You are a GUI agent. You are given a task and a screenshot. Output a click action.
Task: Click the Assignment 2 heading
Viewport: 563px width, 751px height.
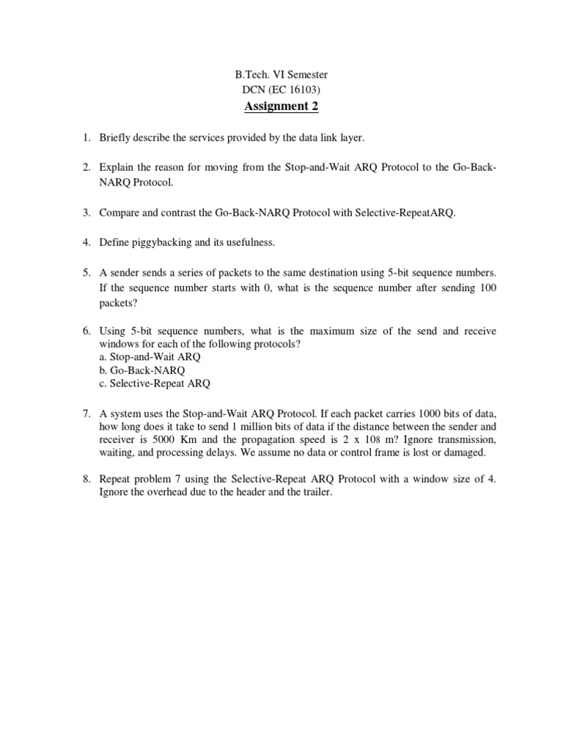pyautogui.click(x=281, y=107)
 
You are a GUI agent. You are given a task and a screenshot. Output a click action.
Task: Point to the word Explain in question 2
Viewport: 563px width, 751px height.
pyautogui.click(x=118, y=167)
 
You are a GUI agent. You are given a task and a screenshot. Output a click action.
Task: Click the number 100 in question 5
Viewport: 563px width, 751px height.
pyautogui.click(x=487, y=287)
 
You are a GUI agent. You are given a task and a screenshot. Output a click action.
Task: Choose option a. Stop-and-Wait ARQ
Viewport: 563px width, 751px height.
pyautogui.click(x=150, y=356)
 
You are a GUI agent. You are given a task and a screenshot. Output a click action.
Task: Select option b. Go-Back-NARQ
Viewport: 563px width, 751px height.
pyautogui.click(x=142, y=370)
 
